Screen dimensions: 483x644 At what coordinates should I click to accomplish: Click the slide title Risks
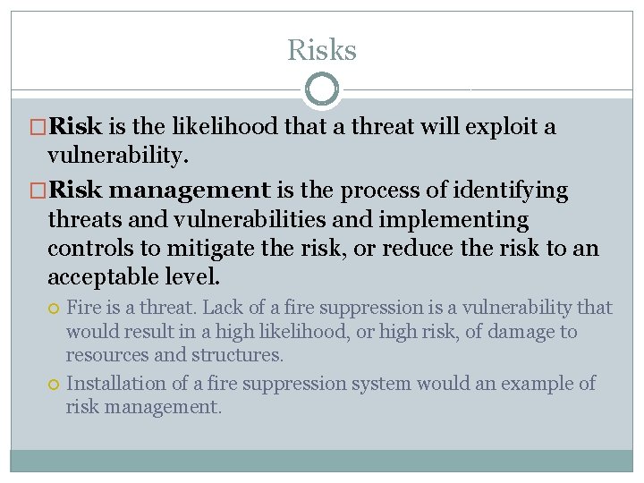coord(321,50)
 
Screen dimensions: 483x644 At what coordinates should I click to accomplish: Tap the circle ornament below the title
coord(322,89)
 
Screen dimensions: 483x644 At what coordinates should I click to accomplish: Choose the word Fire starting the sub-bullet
coord(84,308)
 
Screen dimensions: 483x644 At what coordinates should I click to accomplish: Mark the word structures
coord(243,355)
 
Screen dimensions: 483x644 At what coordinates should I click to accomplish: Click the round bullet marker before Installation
coord(55,385)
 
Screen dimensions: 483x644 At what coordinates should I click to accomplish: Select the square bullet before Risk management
coord(39,191)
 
